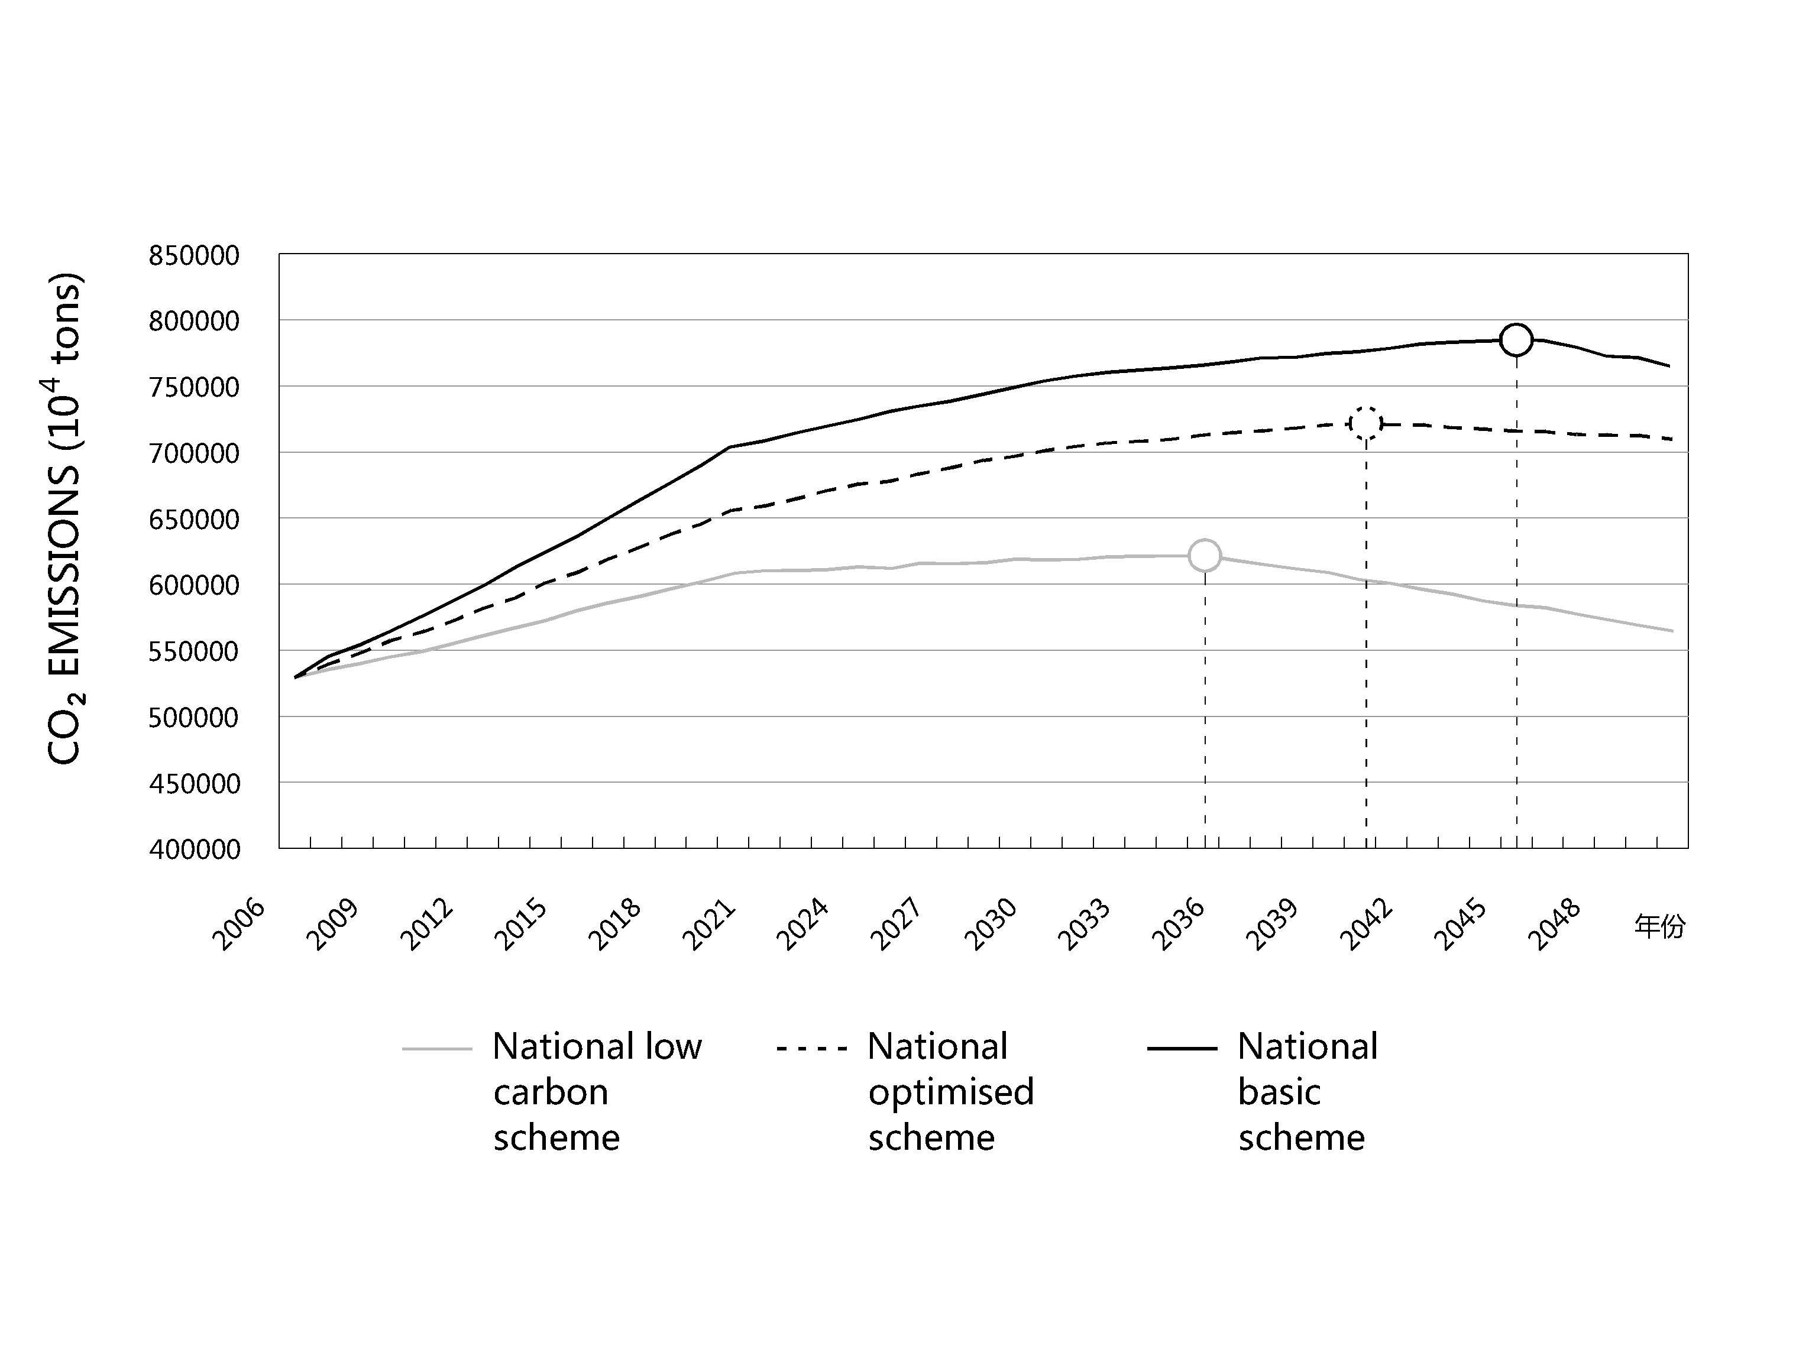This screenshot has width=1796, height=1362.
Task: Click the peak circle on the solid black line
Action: [x=1516, y=339]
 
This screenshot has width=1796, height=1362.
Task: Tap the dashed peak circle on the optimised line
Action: [x=1365, y=423]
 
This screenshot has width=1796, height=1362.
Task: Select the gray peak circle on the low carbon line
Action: [x=1204, y=555]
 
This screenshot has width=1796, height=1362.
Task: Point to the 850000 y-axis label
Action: [x=194, y=256]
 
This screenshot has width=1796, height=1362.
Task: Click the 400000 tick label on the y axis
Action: [x=194, y=849]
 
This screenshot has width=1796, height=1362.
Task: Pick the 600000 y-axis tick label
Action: [x=194, y=585]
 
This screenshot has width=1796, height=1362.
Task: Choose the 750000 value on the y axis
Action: [x=194, y=387]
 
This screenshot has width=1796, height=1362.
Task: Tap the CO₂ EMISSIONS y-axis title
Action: [x=65, y=520]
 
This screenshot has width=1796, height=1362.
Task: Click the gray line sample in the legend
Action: [x=437, y=1049]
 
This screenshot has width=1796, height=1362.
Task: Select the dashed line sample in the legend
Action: [x=811, y=1049]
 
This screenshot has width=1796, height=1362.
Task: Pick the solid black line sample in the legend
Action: [x=1182, y=1049]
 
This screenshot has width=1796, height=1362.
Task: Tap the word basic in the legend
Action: [x=1279, y=1092]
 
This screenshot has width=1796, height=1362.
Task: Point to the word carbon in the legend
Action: [x=551, y=1092]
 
